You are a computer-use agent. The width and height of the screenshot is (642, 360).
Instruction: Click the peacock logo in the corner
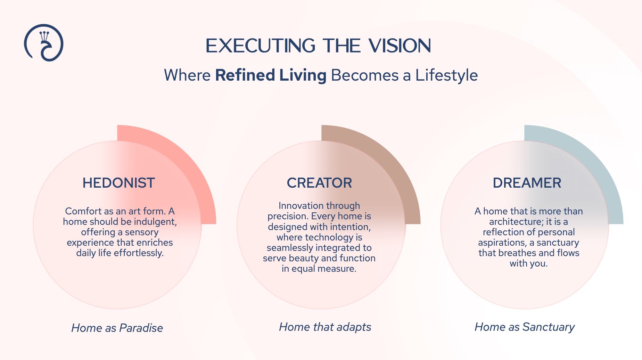(x=44, y=43)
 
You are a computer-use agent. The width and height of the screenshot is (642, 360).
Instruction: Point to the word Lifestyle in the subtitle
(x=446, y=75)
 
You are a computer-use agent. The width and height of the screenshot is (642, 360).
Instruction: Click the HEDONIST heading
(x=118, y=183)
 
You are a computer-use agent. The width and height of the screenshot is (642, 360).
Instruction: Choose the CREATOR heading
(x=319, y=183)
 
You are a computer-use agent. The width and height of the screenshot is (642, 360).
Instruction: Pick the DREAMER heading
(x=527, y=183)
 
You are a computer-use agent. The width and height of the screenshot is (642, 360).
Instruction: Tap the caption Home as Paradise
(x=117, y=328)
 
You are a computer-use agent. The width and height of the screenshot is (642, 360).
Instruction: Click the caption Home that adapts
(x=325, y=327)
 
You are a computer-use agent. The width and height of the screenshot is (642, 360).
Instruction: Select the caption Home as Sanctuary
(x=525, y=327)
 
